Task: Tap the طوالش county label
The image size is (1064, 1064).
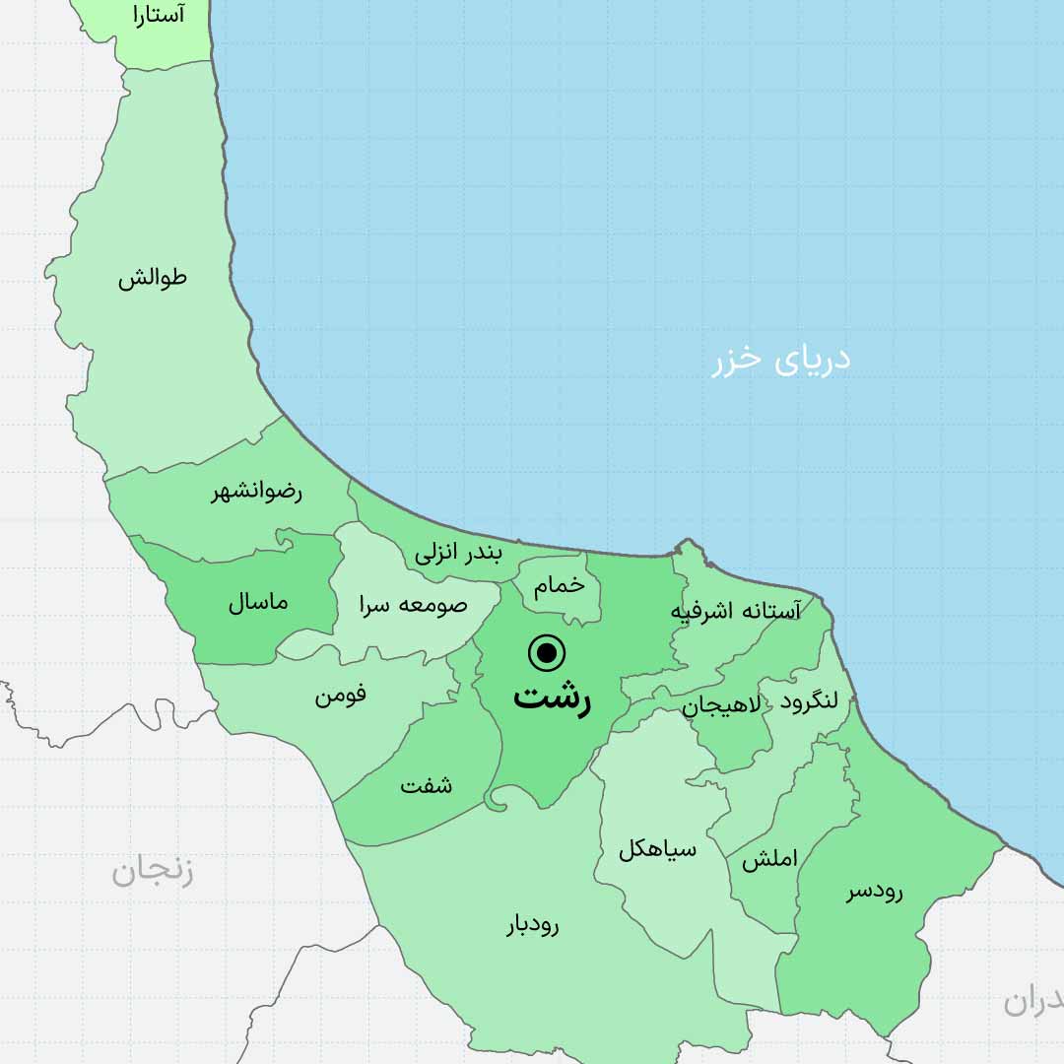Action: (x=153, y=278)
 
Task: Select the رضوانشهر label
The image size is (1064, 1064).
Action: (x=256, y=492)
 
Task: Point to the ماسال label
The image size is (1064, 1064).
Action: (x=258, y=602)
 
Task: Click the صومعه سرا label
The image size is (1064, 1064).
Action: (x=413, y=605)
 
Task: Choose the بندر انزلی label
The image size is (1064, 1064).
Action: (x=458, y=553)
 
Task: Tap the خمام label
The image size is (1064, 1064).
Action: (x=559, y=585)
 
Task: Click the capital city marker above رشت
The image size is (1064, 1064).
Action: (x=547, y=652)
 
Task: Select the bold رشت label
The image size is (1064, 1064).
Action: (x=551, y=698)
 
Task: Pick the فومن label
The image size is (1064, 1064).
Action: (x=341, y=695)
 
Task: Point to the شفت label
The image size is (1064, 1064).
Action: (x=427, y=785)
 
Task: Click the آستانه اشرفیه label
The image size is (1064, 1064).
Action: (x=736, y=611)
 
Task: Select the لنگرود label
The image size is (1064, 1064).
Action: (x=809, y=700)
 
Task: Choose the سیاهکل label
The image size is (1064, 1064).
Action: (x=657, y=849)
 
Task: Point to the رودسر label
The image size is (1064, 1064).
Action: (x=875, y=892)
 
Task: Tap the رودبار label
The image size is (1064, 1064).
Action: (x=533, y=925)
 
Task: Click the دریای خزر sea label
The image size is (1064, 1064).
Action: (x=781, y=360)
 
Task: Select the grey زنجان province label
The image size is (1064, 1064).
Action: (x=152, y=871)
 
